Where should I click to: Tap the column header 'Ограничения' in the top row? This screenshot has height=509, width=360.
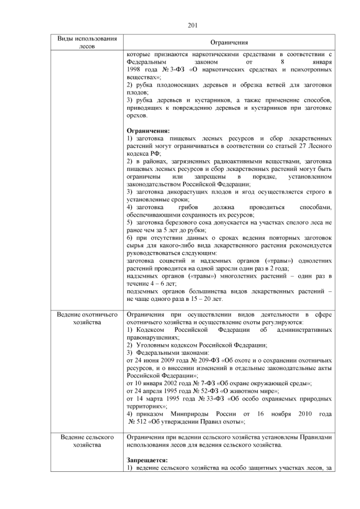229,43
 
